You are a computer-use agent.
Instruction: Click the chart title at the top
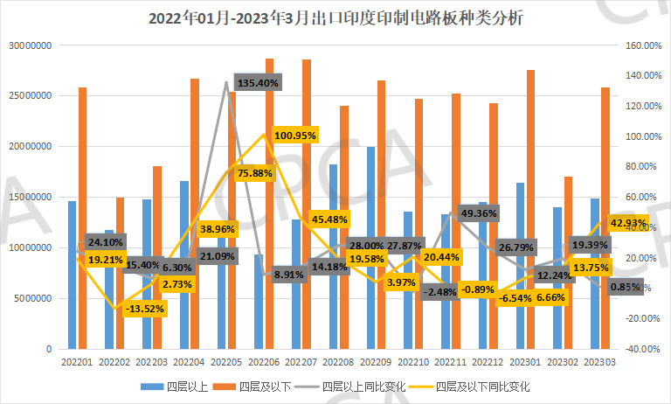click(x=335, y=17)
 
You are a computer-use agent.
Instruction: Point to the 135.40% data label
click(x=258, y=83)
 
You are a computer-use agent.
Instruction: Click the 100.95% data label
click(x=294, y=136)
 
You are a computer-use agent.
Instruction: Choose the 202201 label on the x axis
click(x=78, y=360)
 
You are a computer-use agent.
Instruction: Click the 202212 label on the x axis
click(x=490, y=360)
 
